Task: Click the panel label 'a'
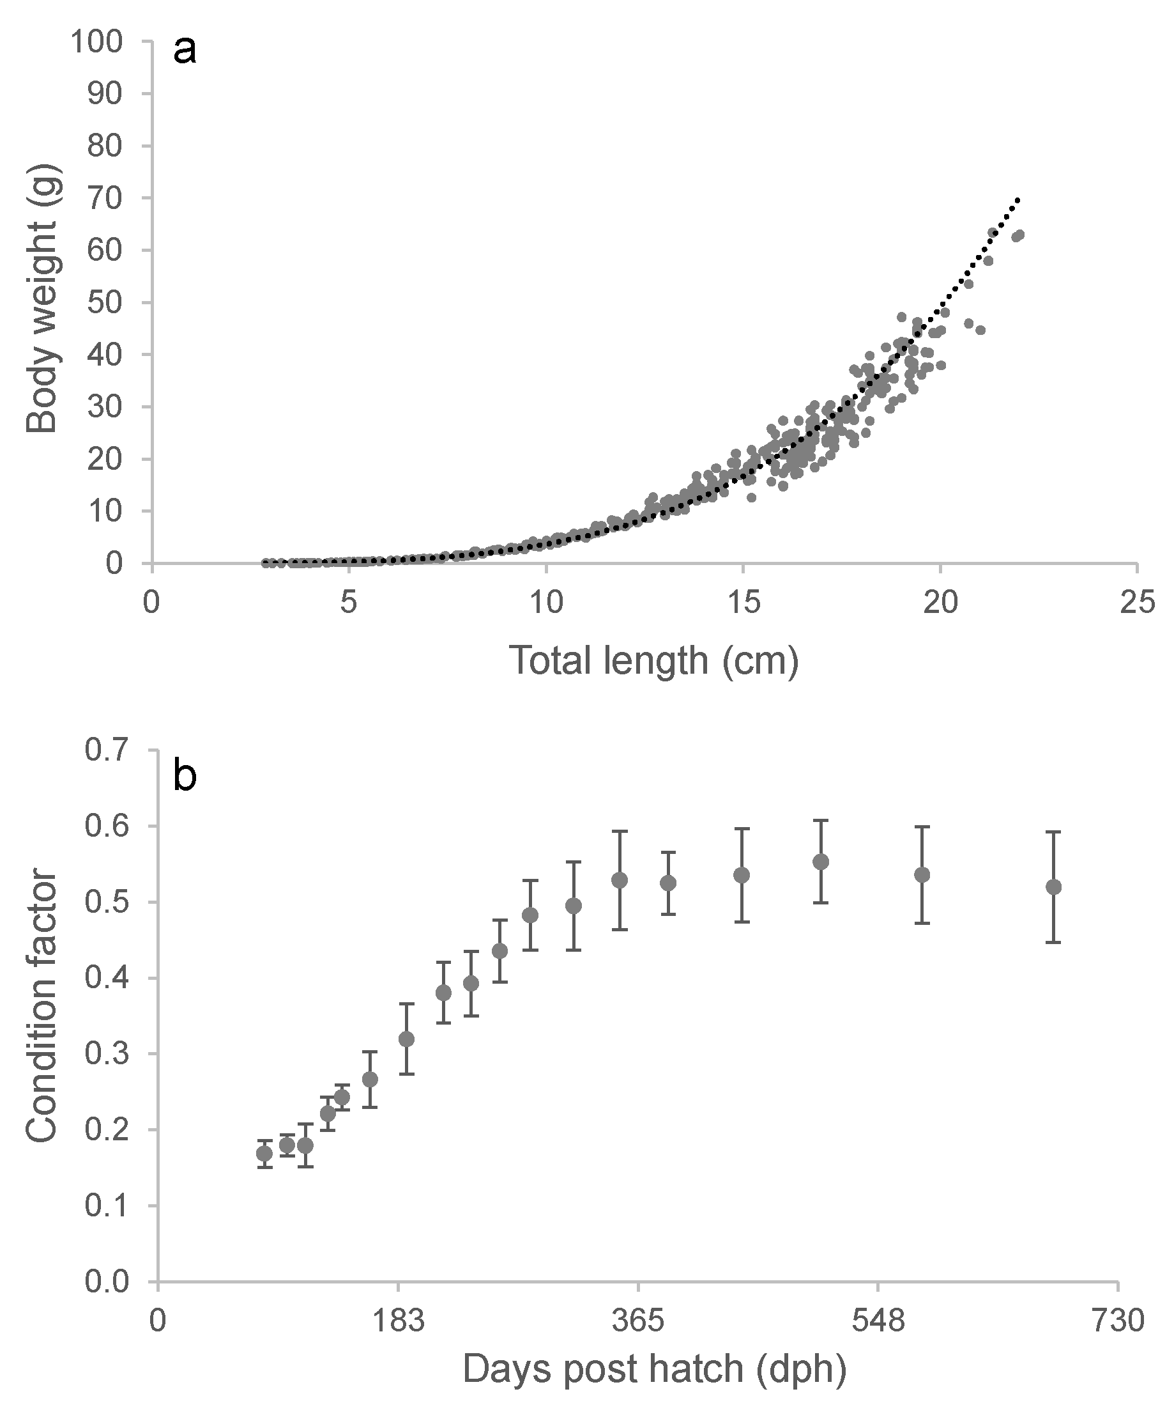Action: (x=185, y=50)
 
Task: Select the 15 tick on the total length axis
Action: (x=743, y=603)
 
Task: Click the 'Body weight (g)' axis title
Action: (x=43, y=302)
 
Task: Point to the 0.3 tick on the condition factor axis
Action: (x=105, y=1054)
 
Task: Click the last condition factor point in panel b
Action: (x=1053, y=887)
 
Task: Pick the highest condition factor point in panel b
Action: (x=821, y=862)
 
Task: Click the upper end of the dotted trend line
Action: (x=1018, y=198)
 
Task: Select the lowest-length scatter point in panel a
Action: (x=265, y=563)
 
